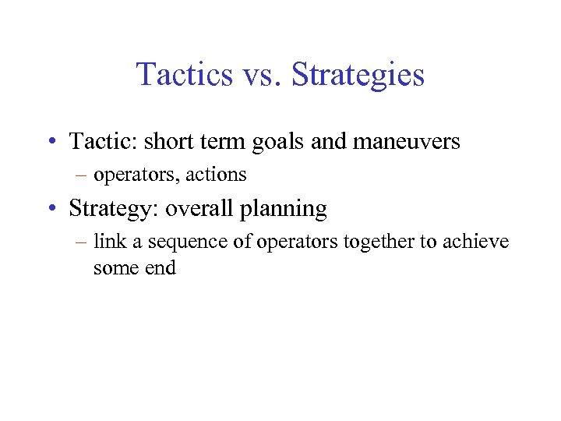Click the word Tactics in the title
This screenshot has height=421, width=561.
click(x=184, y=75)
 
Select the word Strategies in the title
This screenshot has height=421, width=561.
click(x=358, y=76)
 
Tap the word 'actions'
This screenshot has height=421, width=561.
click(x=216, y=175)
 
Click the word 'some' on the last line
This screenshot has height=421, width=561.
click(x=115, y=268)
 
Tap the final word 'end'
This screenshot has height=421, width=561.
click(x=158, y=268)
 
